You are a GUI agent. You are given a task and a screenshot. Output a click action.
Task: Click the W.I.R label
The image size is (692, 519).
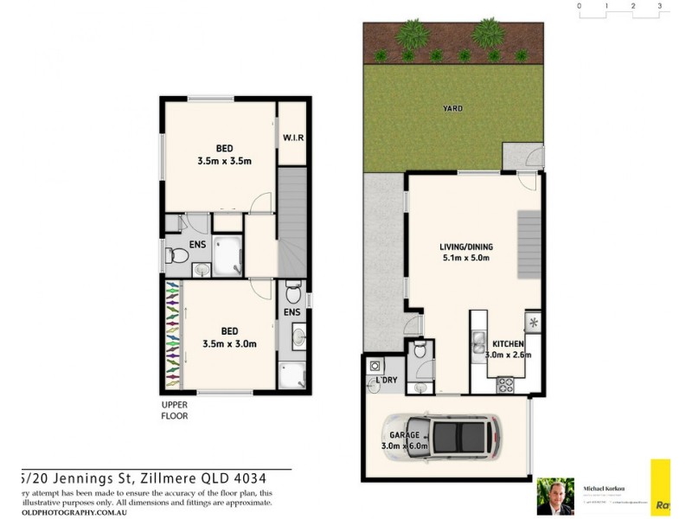click(x=292, y=138)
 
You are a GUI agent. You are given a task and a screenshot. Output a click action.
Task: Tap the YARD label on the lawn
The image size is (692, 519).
click(x=452, y=109)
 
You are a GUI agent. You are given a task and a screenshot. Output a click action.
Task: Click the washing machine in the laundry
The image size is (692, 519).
click(x=375, y=364)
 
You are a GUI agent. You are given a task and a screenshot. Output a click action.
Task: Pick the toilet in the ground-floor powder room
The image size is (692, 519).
click(x=419, y=349)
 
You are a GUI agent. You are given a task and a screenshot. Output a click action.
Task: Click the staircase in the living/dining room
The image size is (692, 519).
click(x=528, y=245)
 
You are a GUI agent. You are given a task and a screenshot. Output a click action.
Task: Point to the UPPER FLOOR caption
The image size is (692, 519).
click(x=174, y=410)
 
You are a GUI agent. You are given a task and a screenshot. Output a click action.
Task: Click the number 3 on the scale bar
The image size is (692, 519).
click(x=660, y=6)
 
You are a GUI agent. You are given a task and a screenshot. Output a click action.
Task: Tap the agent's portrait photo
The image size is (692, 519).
click(x=554, y=497)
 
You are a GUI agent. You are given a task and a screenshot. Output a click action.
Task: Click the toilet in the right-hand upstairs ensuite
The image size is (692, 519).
click(x=292, y=290)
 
